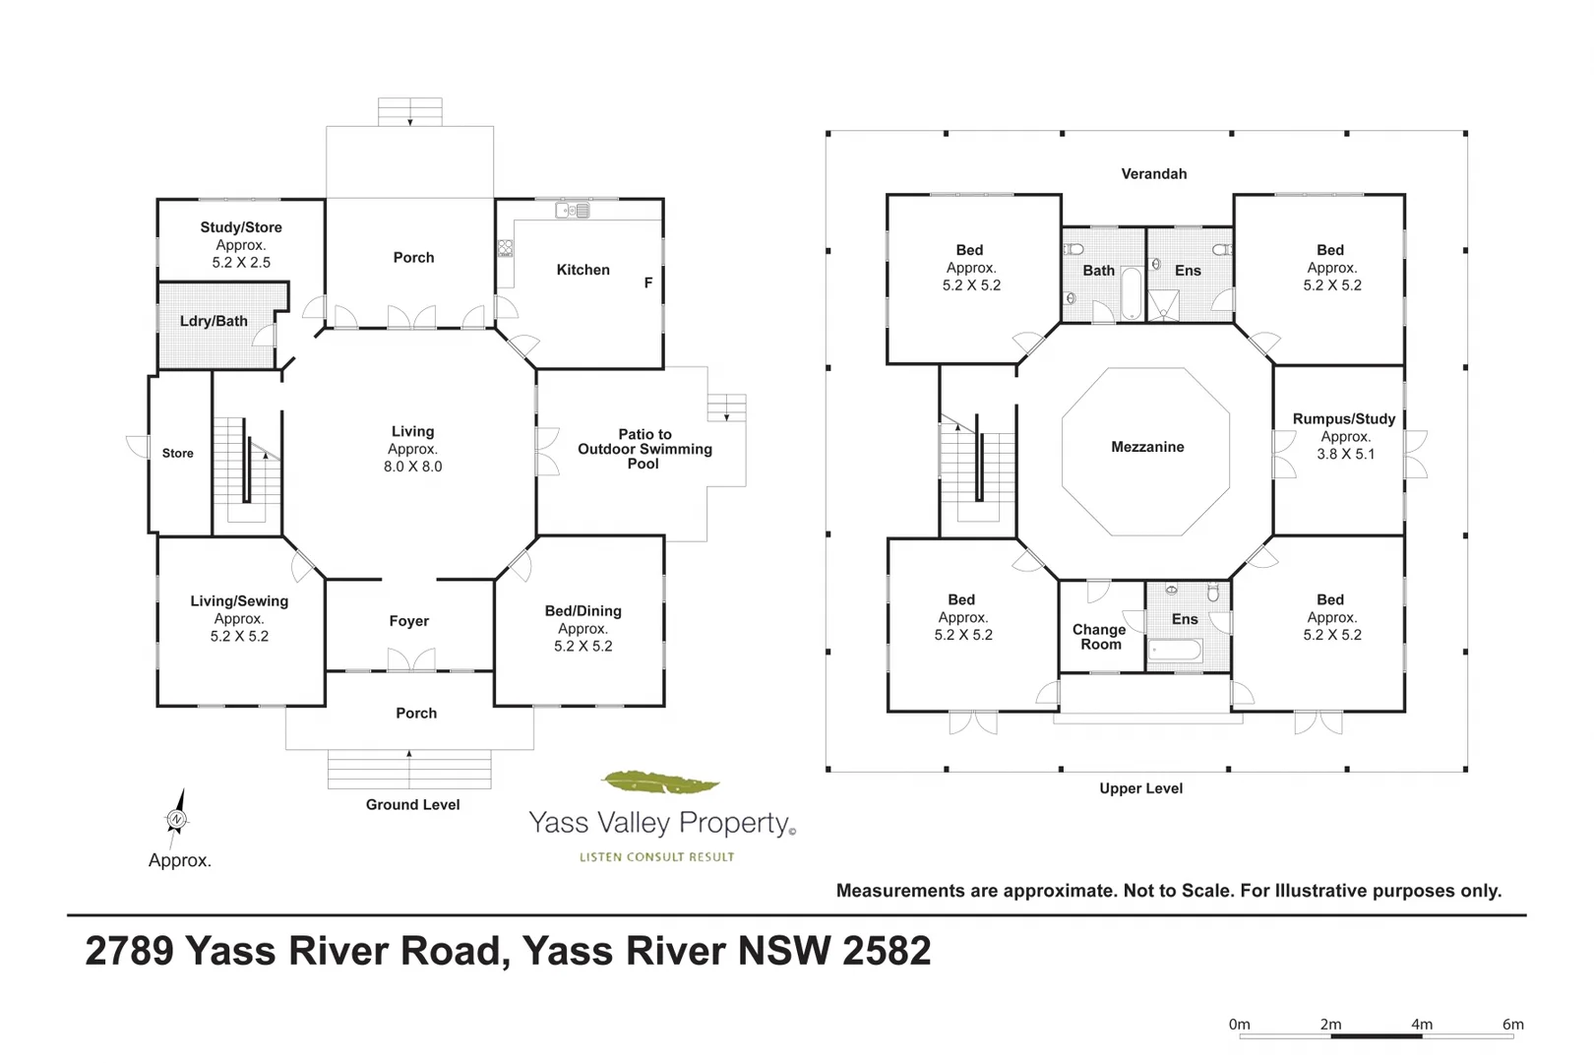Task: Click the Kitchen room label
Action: click(582, 270)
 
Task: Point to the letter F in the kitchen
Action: click(648, 282)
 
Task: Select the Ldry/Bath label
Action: click(214, 321)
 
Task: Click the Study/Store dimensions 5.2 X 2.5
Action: click(241, 262)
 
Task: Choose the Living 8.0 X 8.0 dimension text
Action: click(412, 467)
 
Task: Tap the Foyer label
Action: click(409, 621)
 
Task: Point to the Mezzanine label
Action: click(1148, 447)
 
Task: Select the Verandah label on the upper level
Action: click(1153, 174)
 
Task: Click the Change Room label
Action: click(1099, 637)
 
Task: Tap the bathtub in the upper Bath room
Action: click(1132, 293)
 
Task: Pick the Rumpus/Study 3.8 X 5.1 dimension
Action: click(1346, 454)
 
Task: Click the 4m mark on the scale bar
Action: click(1422, 1024)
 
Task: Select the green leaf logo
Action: click(660, 782)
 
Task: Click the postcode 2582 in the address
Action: click(887, 951)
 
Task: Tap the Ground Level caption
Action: click(412, 804)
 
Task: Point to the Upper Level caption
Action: click(1140, 788)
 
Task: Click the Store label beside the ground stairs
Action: click(177, 453)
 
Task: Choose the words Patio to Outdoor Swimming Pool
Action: click(644, 449)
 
